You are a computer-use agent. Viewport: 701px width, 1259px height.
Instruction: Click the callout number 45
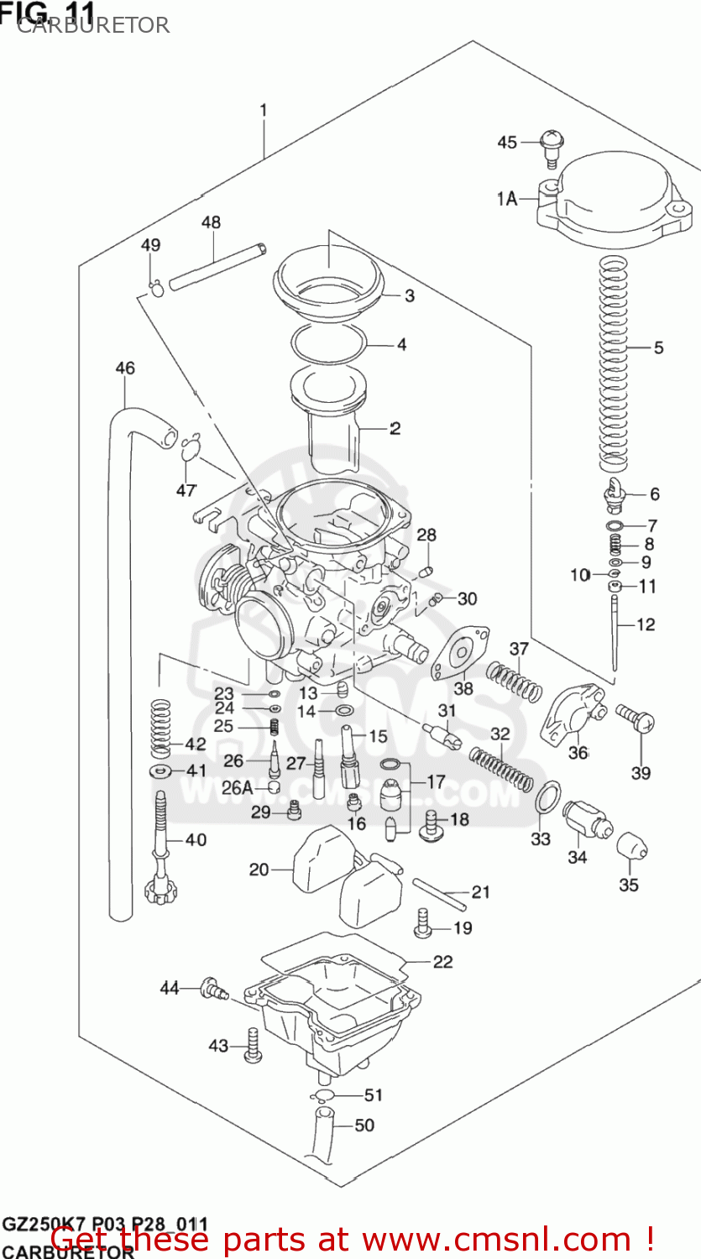507,142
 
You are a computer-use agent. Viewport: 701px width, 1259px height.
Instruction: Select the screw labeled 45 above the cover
552,146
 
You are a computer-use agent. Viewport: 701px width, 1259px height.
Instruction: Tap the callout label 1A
506,199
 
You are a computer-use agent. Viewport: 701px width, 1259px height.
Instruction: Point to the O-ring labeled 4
330,342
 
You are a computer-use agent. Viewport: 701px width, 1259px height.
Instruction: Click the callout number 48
211,222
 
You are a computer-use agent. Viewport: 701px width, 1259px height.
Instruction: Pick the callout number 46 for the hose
124,368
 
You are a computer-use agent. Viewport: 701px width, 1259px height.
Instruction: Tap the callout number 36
578,752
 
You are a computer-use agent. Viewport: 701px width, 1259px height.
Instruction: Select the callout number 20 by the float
259,870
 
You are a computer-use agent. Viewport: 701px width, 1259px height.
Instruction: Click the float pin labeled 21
438,892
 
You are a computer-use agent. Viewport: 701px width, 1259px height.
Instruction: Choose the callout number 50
364,1125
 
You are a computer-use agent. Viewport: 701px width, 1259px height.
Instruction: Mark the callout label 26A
236,787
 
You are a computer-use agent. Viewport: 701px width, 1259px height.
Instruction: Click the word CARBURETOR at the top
92,25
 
